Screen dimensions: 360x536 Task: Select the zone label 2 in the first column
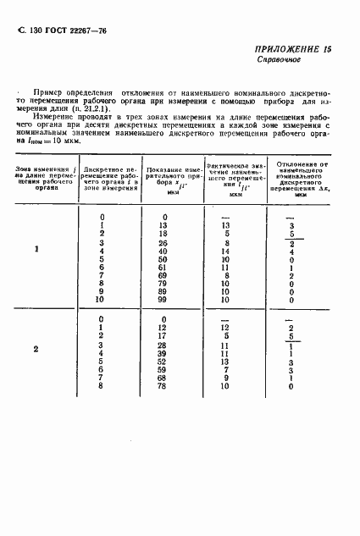(36, 349)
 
